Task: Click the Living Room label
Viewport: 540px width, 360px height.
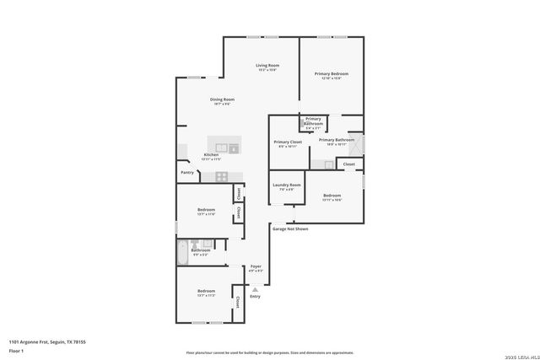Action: [x=267, y=65]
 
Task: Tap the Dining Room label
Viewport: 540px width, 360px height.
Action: [x=222, y=99]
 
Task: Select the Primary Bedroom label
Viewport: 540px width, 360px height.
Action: [x=332, y=74]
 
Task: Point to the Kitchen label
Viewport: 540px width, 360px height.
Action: [x=211, y=155]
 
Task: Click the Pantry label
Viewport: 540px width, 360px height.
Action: [x=187, y=173]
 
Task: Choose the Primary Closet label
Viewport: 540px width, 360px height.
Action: [x=288, y=142]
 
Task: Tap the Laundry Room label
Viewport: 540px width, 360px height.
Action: [x=286, y=185]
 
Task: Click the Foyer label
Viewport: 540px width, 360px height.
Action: [x=256, y=266]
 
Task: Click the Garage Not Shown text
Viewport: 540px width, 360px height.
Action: [x=290, y=228]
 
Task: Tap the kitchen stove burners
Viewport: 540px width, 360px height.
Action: [x=221, y=176]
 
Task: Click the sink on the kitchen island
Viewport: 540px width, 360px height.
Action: [x=221, y=148]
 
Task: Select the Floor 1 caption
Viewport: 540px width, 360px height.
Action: [x=15, y=349]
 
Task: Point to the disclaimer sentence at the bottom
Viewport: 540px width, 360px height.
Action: [x=270, y=353]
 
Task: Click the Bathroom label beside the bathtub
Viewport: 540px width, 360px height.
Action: [x=201, y=250]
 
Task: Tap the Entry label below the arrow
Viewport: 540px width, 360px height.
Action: [x=255, y=296]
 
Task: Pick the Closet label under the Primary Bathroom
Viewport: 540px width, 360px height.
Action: [x=348, y=164]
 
